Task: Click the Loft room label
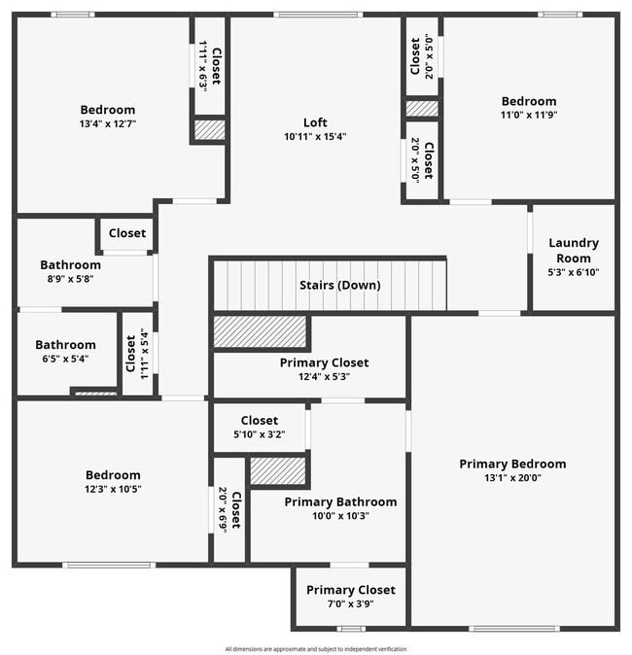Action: click(315, 122)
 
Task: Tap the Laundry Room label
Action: click(574, 251)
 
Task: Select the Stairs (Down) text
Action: click(339, 286)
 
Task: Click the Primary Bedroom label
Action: click(512, 464)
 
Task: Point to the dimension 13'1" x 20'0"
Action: click(512, 478)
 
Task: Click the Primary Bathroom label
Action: click(340, 501)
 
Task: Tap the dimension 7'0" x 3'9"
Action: click(350, 603)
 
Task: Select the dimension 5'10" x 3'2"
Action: click(259, 434)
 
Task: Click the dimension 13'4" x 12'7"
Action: click(107, 124)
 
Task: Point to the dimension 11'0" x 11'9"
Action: click(529, 115)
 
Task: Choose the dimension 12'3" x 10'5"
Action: click(113, 489)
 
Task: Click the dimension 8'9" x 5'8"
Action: click(70, 279)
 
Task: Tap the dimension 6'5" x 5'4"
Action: click(65, 358)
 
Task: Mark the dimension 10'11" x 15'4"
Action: click(315, 137)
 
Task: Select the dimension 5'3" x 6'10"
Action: click(574, 272)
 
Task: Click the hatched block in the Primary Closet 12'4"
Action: click(260, 332)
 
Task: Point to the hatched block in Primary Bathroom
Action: click(278, 471)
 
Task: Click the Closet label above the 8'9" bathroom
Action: click(127, 233)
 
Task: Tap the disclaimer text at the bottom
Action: click(316, 648)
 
